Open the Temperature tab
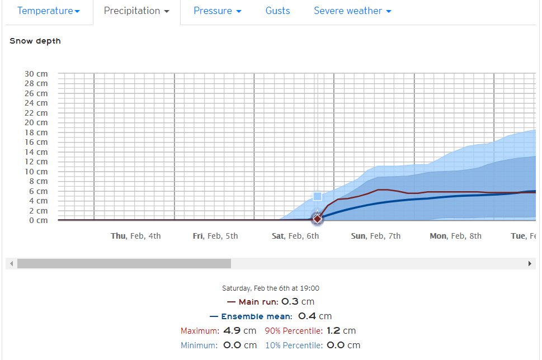(49, 11)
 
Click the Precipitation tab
(136, 11)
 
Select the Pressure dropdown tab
(218, 11)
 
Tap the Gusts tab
(277, 11)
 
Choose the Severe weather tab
(352, 11)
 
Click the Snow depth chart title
(35, 41)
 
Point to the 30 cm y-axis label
(36, 74)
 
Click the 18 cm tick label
(36, 132)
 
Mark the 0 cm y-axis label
(39, 220)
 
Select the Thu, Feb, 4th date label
(135, 236)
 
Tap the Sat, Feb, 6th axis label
(295, 236)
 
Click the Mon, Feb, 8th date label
(456, 236)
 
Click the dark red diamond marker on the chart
(317, 219)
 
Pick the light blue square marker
(317, 197)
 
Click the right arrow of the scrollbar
(530, 264)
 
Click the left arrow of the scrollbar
(11, 264)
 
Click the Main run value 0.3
(290, 302)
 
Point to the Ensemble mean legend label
(257, 316)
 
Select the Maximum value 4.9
(232, 330)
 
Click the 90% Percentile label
(294, 331)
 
